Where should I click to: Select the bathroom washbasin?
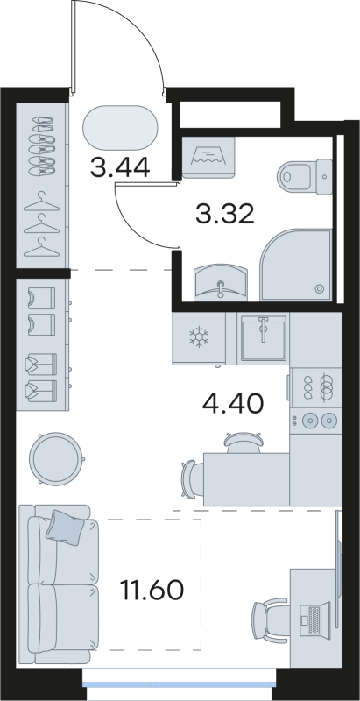point(217,282)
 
